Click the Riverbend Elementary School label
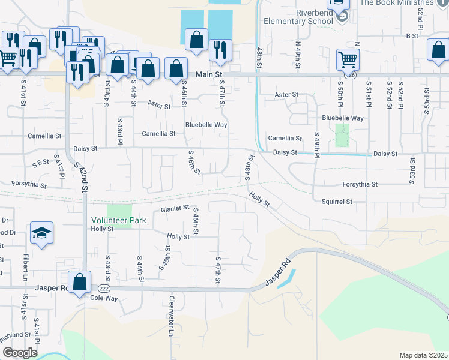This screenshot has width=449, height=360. (298, 16)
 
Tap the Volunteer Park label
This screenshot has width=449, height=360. (119, 220)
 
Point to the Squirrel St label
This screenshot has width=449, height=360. (337, 202)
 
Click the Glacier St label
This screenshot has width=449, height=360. (175, 209)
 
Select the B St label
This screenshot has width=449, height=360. (412, 36)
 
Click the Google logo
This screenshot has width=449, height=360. (19, 353)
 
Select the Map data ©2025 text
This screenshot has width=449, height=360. (423, 355)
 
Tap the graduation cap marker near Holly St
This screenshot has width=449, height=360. (41, 233)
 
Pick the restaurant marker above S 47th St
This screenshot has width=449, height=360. (220, 51)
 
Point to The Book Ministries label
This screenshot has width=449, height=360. (403, 3)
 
